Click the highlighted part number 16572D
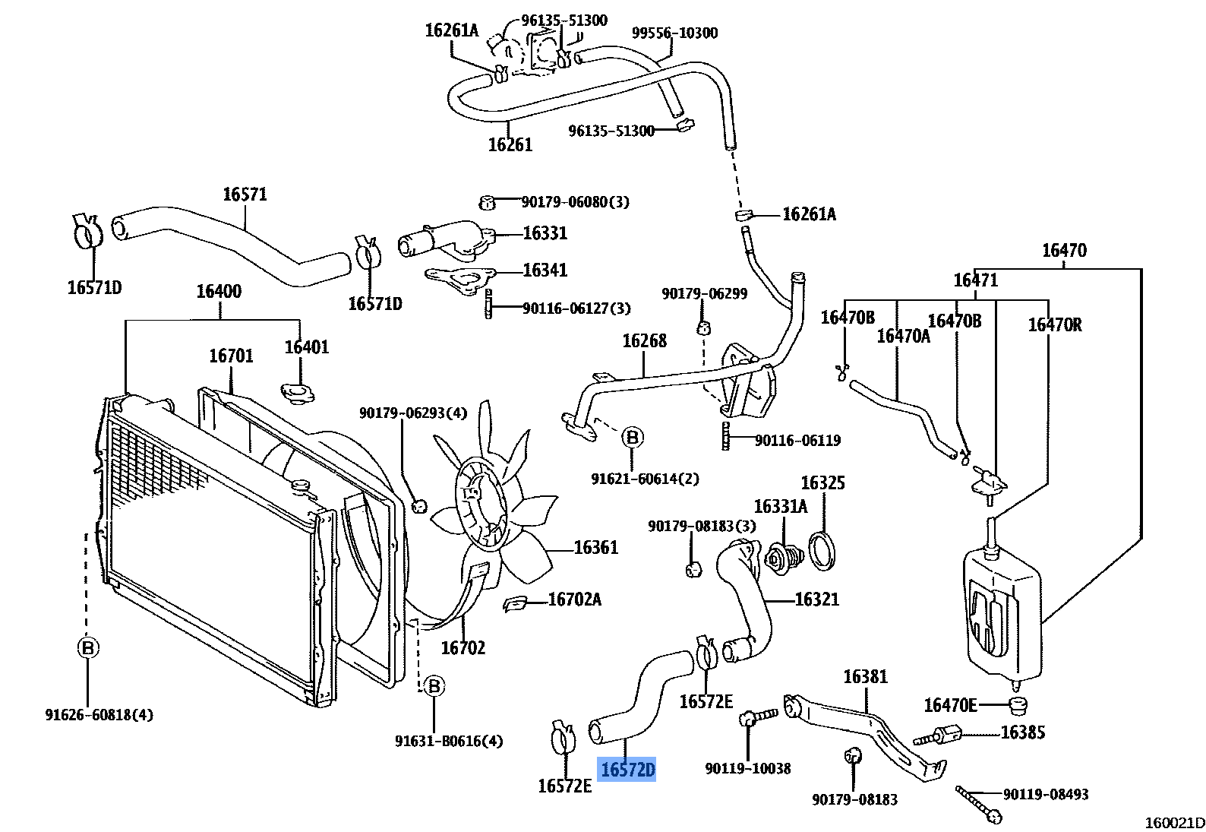pyautogui.click(x=627, y=770)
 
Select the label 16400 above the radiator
pyautogui.click(x=219, y=291)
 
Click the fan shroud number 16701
pyautogui.click(x=231, y=356)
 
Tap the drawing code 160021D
pyautogui.click(x=1174, y=822)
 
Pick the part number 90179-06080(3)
pyautogui.click(x=575, y=202)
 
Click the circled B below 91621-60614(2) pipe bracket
pyautogui.click(x=632, y=437)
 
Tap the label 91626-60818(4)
pyautogui.click(x=99, y=714)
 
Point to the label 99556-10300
pyautogui.click(x=674, y=33)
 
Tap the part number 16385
pyautogui.click(x=1022, y=732)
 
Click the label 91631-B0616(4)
pyautogui.click(x=449, y=741)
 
